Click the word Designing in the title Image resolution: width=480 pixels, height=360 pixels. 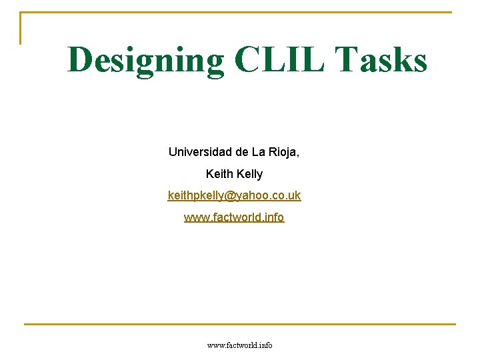click(x=146, y=60)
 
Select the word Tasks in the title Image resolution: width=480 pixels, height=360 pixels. click(x=381, y=60)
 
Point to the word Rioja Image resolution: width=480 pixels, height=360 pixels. click(x=281, y=152)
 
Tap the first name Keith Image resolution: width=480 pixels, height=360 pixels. click(x=219, y=174)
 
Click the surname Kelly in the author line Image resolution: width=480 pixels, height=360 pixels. click(x=249, y=174)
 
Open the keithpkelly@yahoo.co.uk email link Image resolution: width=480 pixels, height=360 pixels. click(x=234, y=195)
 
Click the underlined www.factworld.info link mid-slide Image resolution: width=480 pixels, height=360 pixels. click(x=234, y=217)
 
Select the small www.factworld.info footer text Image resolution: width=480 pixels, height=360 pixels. click(x=240, y=345)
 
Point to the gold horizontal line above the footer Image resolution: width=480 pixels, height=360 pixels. click(x=240, y=325)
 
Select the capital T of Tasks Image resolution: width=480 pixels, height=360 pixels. click(x=347, y=60)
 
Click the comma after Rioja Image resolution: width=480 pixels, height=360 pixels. click(x=298, y=155)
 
